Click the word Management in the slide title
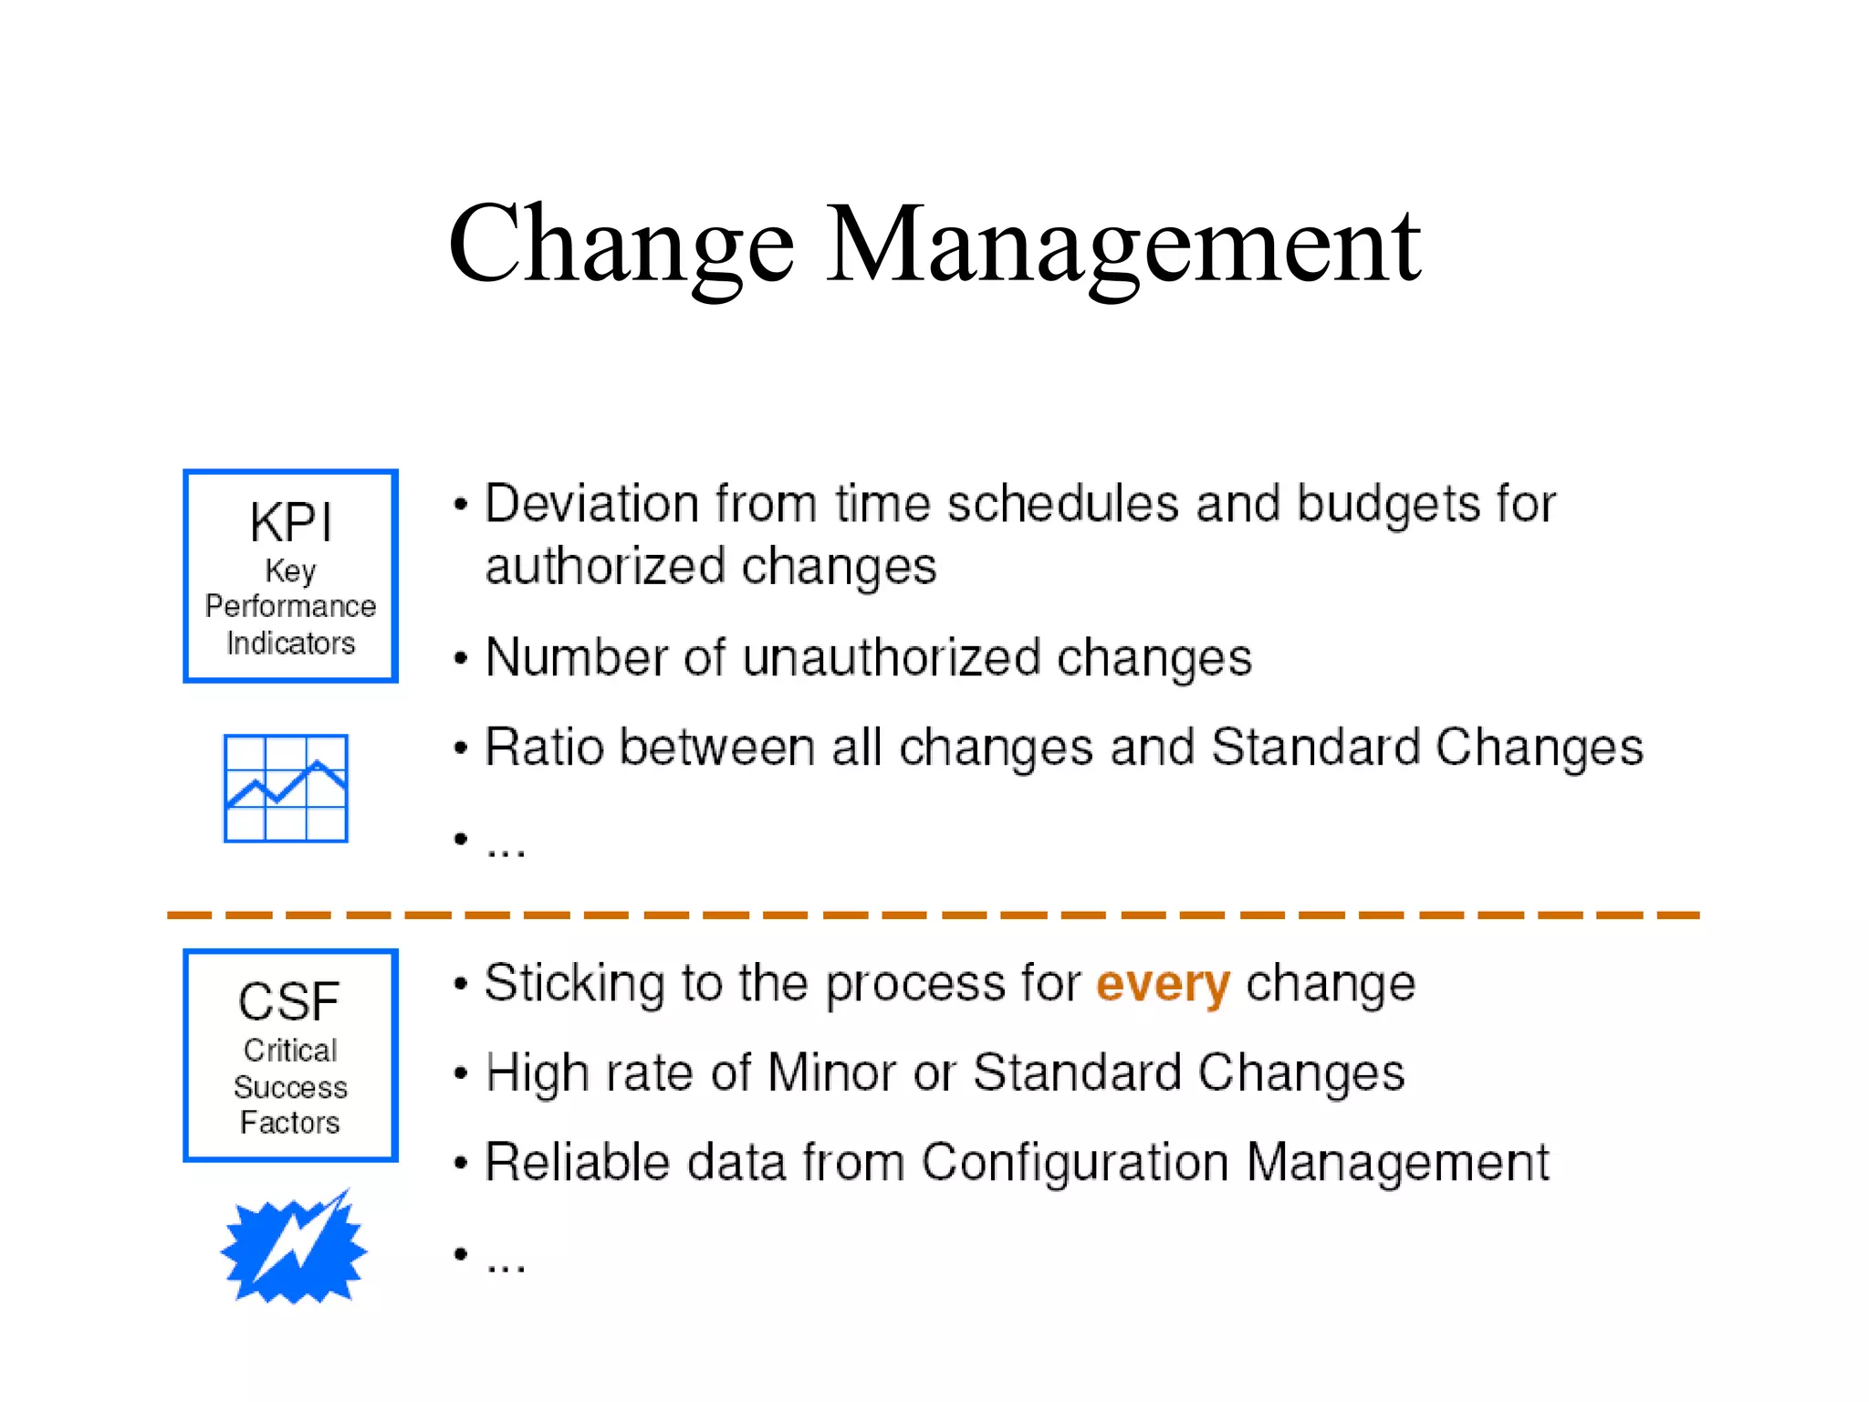coord(1122,245)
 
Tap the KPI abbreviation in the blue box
coord(290,523)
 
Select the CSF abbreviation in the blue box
coord(289,1001)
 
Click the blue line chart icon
coord(286,788)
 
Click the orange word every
coord(1163,984)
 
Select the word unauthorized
coord(891,657)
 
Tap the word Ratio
coord(544,747)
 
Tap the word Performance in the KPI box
coord(290,606)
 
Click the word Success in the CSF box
coord(290,1087)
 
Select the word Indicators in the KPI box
coord(290,643)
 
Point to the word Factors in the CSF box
coord(289,1123)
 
